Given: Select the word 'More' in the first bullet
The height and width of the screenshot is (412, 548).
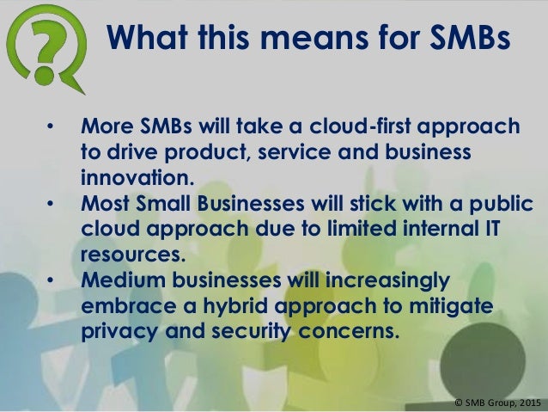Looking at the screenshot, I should pyautogui.click(x=106, y=128).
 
